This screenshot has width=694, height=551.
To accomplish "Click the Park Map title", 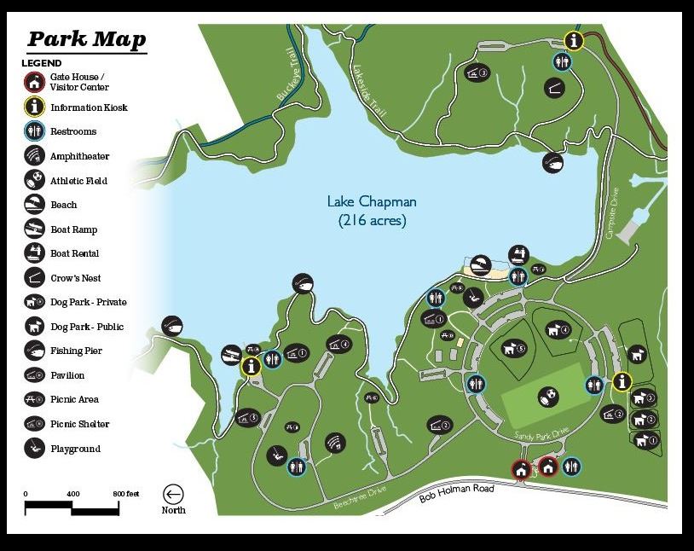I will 86,40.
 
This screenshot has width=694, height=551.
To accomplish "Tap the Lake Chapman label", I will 372,202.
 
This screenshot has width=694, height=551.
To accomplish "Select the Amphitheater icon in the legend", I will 33,156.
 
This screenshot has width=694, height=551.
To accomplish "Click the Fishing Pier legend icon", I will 33,351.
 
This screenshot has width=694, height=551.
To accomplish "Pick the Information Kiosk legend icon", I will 33,107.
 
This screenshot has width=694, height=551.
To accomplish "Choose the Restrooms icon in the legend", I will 33,131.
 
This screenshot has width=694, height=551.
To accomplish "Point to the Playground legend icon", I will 33,449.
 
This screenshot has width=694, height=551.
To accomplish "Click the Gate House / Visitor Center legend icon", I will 33,82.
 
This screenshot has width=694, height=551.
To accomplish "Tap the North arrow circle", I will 174,494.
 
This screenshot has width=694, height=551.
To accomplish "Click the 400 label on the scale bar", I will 72,494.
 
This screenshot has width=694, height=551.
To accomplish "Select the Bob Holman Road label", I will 457,493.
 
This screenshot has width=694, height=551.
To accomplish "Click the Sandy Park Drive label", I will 541,435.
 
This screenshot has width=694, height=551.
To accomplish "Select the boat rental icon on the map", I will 518,254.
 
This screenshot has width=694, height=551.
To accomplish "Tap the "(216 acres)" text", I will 372,220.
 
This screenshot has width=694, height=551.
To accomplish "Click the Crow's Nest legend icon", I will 33,277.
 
